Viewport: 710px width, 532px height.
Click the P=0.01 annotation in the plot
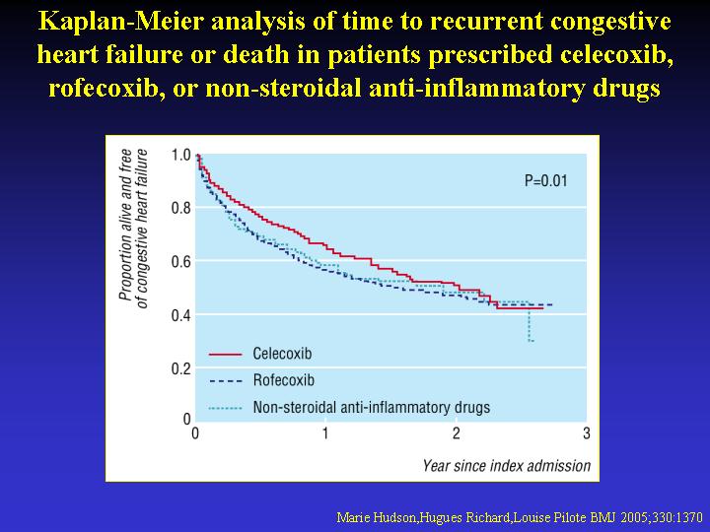(x=545, y=181)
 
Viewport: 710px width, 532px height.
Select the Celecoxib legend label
(x=283, y=353)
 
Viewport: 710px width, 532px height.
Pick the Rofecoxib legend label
(x=283, y=379)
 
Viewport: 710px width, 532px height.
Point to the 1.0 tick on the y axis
(x=180, y=155)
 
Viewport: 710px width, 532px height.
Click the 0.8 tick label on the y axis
(x=180, y=208)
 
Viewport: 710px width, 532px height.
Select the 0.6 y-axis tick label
(x=180, y=261)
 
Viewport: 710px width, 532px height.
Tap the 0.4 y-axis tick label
(x=180, y=315)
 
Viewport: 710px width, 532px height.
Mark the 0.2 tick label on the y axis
(x=180, y=368)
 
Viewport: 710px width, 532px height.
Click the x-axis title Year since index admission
(x=507, y=465)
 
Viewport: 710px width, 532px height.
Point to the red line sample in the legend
(x=226, y=353)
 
